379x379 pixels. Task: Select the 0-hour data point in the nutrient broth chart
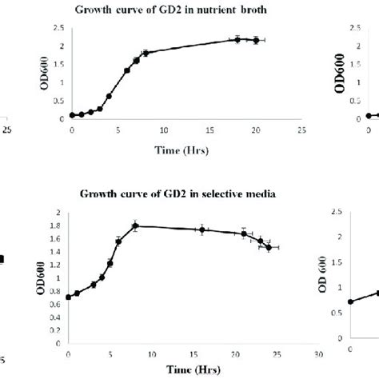pyautogui.click(x=73, y=115)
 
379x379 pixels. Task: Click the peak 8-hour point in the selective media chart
pyautogui.click(x=136, y=226)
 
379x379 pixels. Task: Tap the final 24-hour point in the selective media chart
pyautogui.click(x=269, y=248)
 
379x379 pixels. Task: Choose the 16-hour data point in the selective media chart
pyautogui.click(x=202, y=229)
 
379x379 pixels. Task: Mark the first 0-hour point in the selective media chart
pyautogui.click(x=69, y=297)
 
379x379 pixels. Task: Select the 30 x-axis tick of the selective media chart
pyautogui.click(x=318, y=353)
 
